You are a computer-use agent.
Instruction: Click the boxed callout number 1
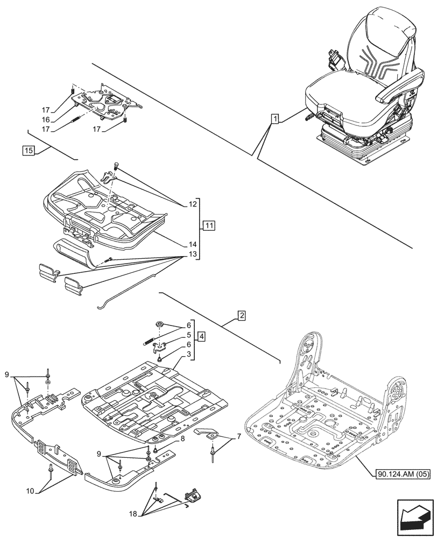pos(275,119)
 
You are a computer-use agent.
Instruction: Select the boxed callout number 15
pos(29,150)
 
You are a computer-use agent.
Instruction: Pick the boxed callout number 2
pos(242,316)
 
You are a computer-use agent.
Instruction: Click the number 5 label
pos(189,335)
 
